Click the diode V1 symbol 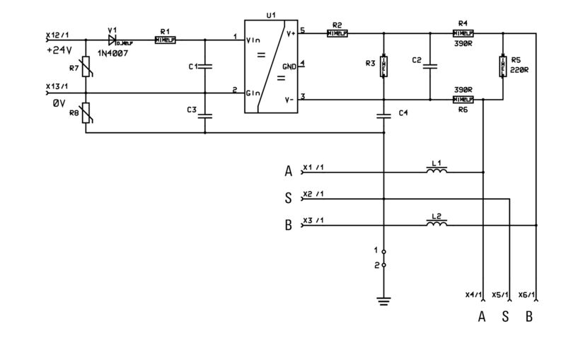[x=112, y=40]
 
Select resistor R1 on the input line [x=165, y=40]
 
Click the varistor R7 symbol [x=86, y=69]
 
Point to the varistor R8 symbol [x=86, y=113]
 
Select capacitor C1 [x=205, y=66]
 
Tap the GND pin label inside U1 [x=289, y=66]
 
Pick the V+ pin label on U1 [x=290, y=33]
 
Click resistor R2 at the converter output [x=337, y=33]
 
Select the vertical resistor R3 [x=383, y=66]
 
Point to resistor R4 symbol [x=463, y=33]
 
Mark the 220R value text [x=519, y=71]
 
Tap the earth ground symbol [x=383, y=301]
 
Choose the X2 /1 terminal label [x=313, y=194]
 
